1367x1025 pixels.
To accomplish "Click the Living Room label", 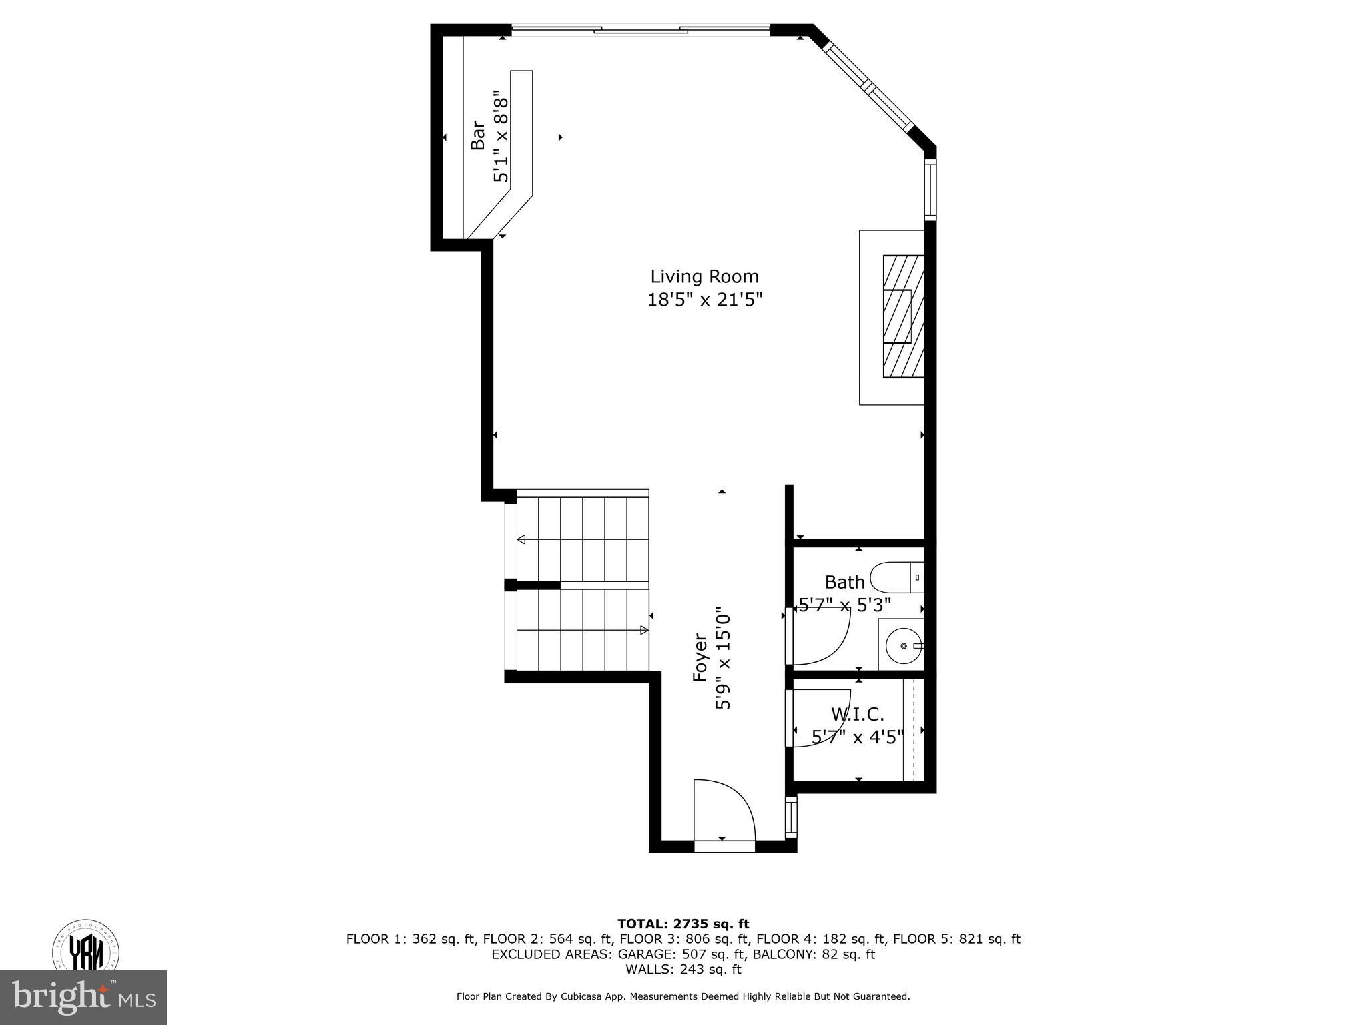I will click(x=704, y=276).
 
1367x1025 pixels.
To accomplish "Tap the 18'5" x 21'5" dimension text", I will click(x=704, y=300).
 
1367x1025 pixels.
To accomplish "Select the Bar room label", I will click(x=478, y=135).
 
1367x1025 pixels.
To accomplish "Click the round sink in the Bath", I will click(x=903, y=646).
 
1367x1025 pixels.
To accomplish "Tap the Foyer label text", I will click(x=700, y=657).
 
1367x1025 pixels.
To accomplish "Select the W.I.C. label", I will click(x=858, y=715).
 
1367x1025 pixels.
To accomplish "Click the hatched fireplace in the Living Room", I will click(x=903, y=316).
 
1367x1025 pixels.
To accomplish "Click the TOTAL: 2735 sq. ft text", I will click(x=683, y=924).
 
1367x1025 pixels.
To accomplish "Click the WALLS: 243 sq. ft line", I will click(x=683, y=969).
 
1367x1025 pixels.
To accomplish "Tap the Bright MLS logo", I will click(x=83, y=998).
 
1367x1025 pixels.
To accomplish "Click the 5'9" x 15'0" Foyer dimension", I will click(x=724, y=657).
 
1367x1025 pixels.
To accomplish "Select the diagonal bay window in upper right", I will click(x=868, y=87).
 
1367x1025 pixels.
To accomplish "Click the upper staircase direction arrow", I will click(x=521, y=539).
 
